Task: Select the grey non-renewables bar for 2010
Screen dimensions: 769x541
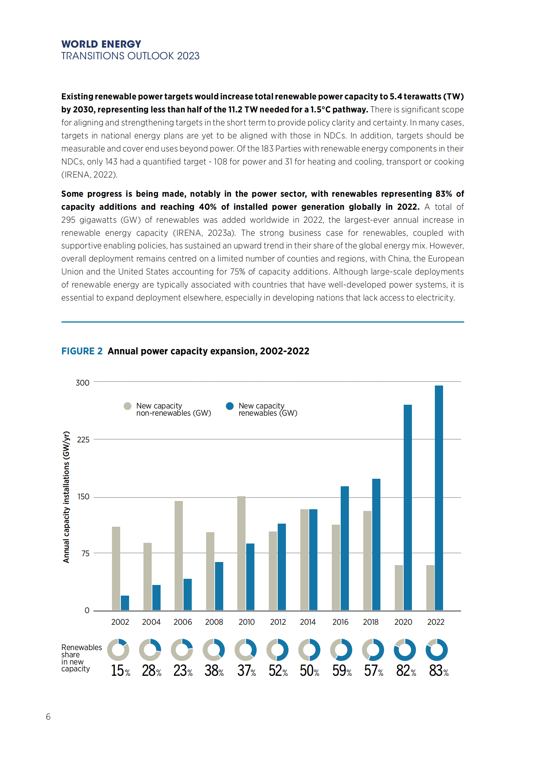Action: point(241,553)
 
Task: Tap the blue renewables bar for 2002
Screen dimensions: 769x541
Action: point(125,603)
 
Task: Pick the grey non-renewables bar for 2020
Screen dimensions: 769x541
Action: point(399,587)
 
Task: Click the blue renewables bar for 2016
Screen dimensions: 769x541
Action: point(344,548)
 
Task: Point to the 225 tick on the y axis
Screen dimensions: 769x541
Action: point(83,440)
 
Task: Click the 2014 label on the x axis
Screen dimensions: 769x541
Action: point(308,622)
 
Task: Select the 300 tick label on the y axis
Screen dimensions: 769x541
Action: point(83,383)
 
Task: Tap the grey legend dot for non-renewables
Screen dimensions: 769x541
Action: point(127,406)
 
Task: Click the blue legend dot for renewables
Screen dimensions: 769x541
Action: point(230,406)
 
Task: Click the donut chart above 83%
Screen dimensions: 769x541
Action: point(437,650)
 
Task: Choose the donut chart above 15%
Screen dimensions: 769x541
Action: point(118,650)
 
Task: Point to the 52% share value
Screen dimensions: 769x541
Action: point(278,671)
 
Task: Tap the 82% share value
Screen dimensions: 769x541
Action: point(406,671)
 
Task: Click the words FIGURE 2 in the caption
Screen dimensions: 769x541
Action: point(82,351)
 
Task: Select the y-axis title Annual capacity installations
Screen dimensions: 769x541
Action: point(66,497)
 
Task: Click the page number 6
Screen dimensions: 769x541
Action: point(48,717)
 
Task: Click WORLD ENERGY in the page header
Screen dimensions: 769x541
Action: point(101,44)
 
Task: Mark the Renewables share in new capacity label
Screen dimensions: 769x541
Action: point(81,658)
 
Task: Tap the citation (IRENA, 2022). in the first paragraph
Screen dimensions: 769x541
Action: point(89,175)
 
